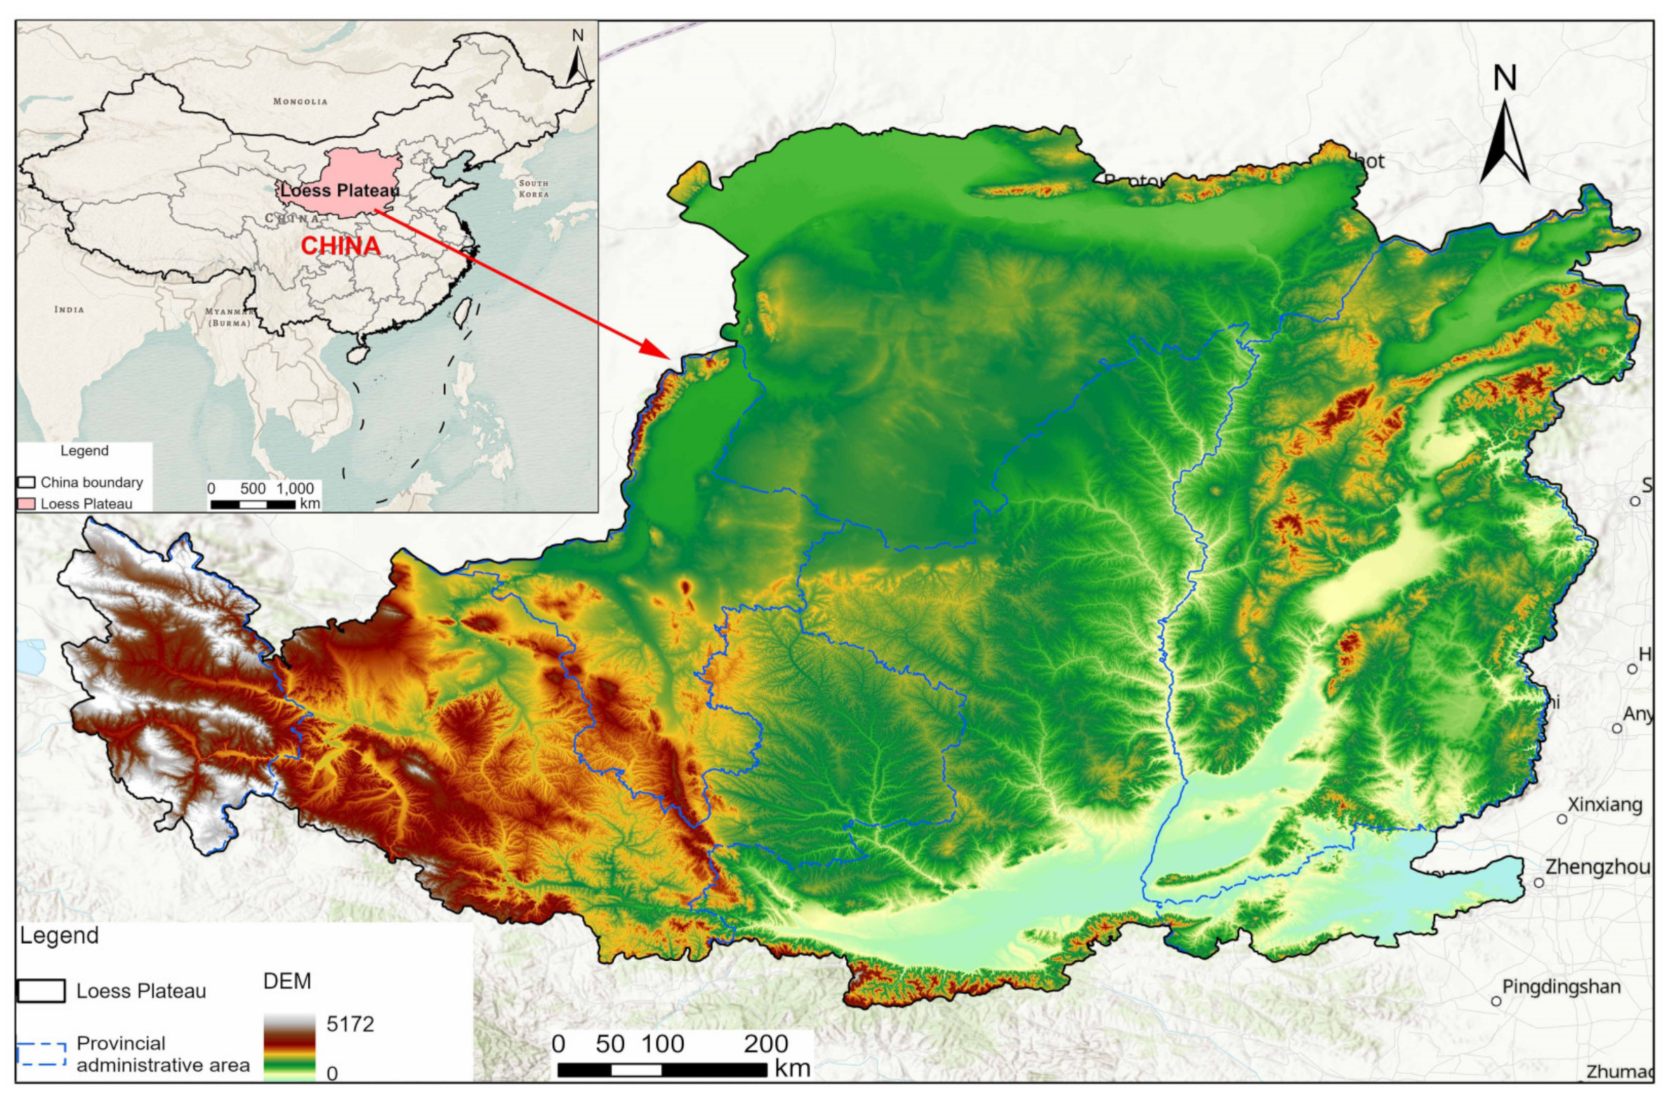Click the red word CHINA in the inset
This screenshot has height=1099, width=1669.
point(341,246)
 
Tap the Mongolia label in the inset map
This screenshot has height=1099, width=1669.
point(300,101)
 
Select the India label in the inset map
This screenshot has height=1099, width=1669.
point(69,309)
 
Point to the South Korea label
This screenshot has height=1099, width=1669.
point(534,188)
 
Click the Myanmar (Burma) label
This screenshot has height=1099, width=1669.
point(228,317)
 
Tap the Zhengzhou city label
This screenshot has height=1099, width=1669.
point(1597,867)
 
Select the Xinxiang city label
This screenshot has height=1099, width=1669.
point(1604,805)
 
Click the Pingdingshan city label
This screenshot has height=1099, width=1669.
point(1561,987)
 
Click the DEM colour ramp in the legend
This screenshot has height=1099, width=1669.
point(289,1046)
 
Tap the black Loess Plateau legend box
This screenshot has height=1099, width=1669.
point(41,991)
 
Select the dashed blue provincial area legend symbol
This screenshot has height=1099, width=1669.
point(41,1054)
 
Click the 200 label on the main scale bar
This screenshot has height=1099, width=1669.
point(766,1044)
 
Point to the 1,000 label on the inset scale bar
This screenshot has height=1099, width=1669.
point(294,488)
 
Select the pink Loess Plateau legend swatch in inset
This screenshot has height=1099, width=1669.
point(27,504)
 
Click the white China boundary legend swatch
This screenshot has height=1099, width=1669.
point(27,482)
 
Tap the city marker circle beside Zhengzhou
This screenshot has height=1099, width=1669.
point(1538,882)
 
